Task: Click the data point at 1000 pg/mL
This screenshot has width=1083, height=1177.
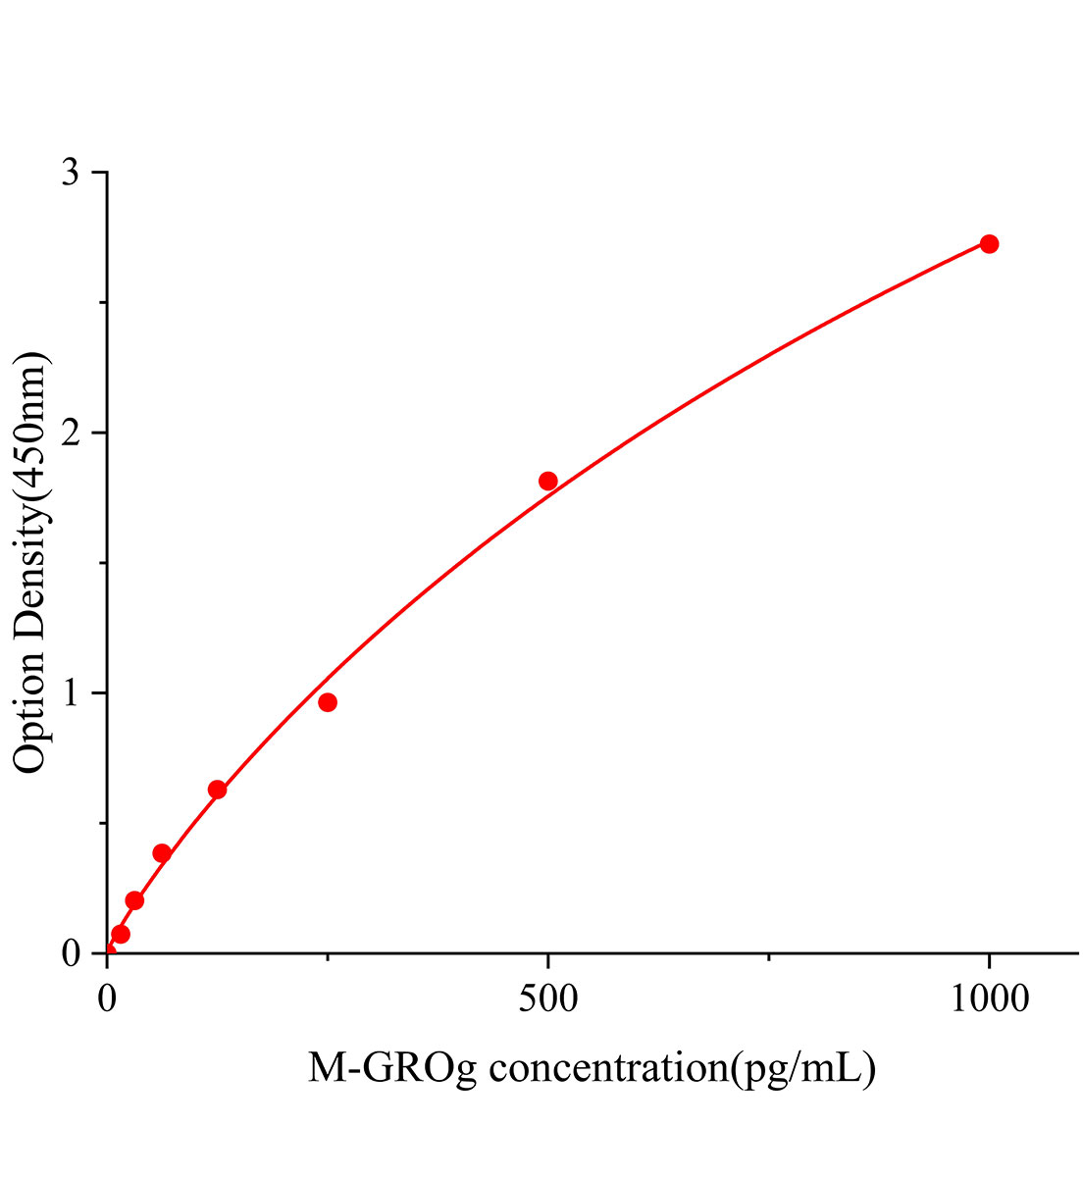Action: tap(989, 243)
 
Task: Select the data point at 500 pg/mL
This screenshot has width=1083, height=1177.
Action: tap(548, 481)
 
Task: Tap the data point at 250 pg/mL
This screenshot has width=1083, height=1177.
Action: tap(328, 702)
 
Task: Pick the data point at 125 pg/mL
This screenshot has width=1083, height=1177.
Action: tap(218, 790)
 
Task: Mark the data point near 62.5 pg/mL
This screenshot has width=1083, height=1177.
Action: tap(162, 853)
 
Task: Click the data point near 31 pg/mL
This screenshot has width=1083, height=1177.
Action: tap(134, 900)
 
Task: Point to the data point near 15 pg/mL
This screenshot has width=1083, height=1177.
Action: tap(121, 934)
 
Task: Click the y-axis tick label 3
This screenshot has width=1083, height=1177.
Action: tap(71, 174)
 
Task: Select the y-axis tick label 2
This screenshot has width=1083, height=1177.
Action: tap(71, 434)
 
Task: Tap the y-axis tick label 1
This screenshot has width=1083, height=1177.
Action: tap(71, 693)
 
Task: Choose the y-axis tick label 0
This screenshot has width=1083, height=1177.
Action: tap(71, 953)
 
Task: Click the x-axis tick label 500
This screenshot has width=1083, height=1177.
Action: tap(548, 999)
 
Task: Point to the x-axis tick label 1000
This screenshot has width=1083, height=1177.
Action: tap(989, 999)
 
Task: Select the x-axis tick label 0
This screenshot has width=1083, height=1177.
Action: tap(108, 999)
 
